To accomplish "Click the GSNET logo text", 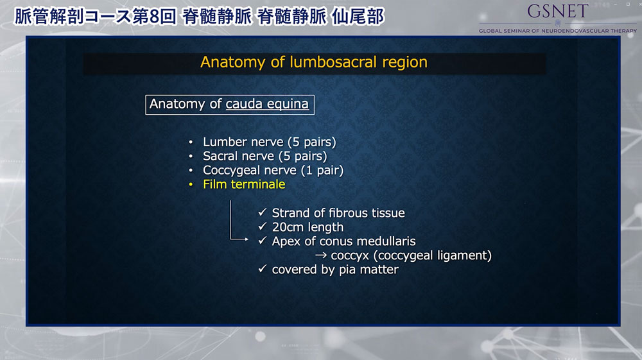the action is pyautogui.click(x=557, y=11).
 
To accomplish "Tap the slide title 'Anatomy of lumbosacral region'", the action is pyautogui.click(x=314, y=62).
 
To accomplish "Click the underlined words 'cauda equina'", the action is pyautogui.click(x=267, y=104).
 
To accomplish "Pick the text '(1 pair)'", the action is pyautogui.click(x=322, y=170).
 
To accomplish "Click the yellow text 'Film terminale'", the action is pyautogui.click(x=244, y=184).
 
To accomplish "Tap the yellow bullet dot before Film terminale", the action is pyautogui.click(x=191, y=185).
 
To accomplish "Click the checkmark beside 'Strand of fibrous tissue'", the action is pyautogui.click(x=263, y=212).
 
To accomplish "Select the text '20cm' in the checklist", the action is pyautogui.click(x=286, y=227).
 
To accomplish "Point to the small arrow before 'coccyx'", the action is pyautogui.click(x=321, y=255).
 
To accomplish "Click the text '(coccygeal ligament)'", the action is pyautogui.click(x=432, y=255).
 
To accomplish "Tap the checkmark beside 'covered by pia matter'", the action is pyautogui.click(x=263, y=269).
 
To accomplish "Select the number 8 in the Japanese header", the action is pyautogui.click(x=154, y=17).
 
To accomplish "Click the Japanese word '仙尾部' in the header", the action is pyautogui.click(x=358, y=17).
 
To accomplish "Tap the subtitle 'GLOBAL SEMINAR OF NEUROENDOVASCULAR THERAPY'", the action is pyautogui.click(x=558, y=31).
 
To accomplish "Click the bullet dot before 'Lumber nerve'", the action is pyautogui.click(x=191, y=142).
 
